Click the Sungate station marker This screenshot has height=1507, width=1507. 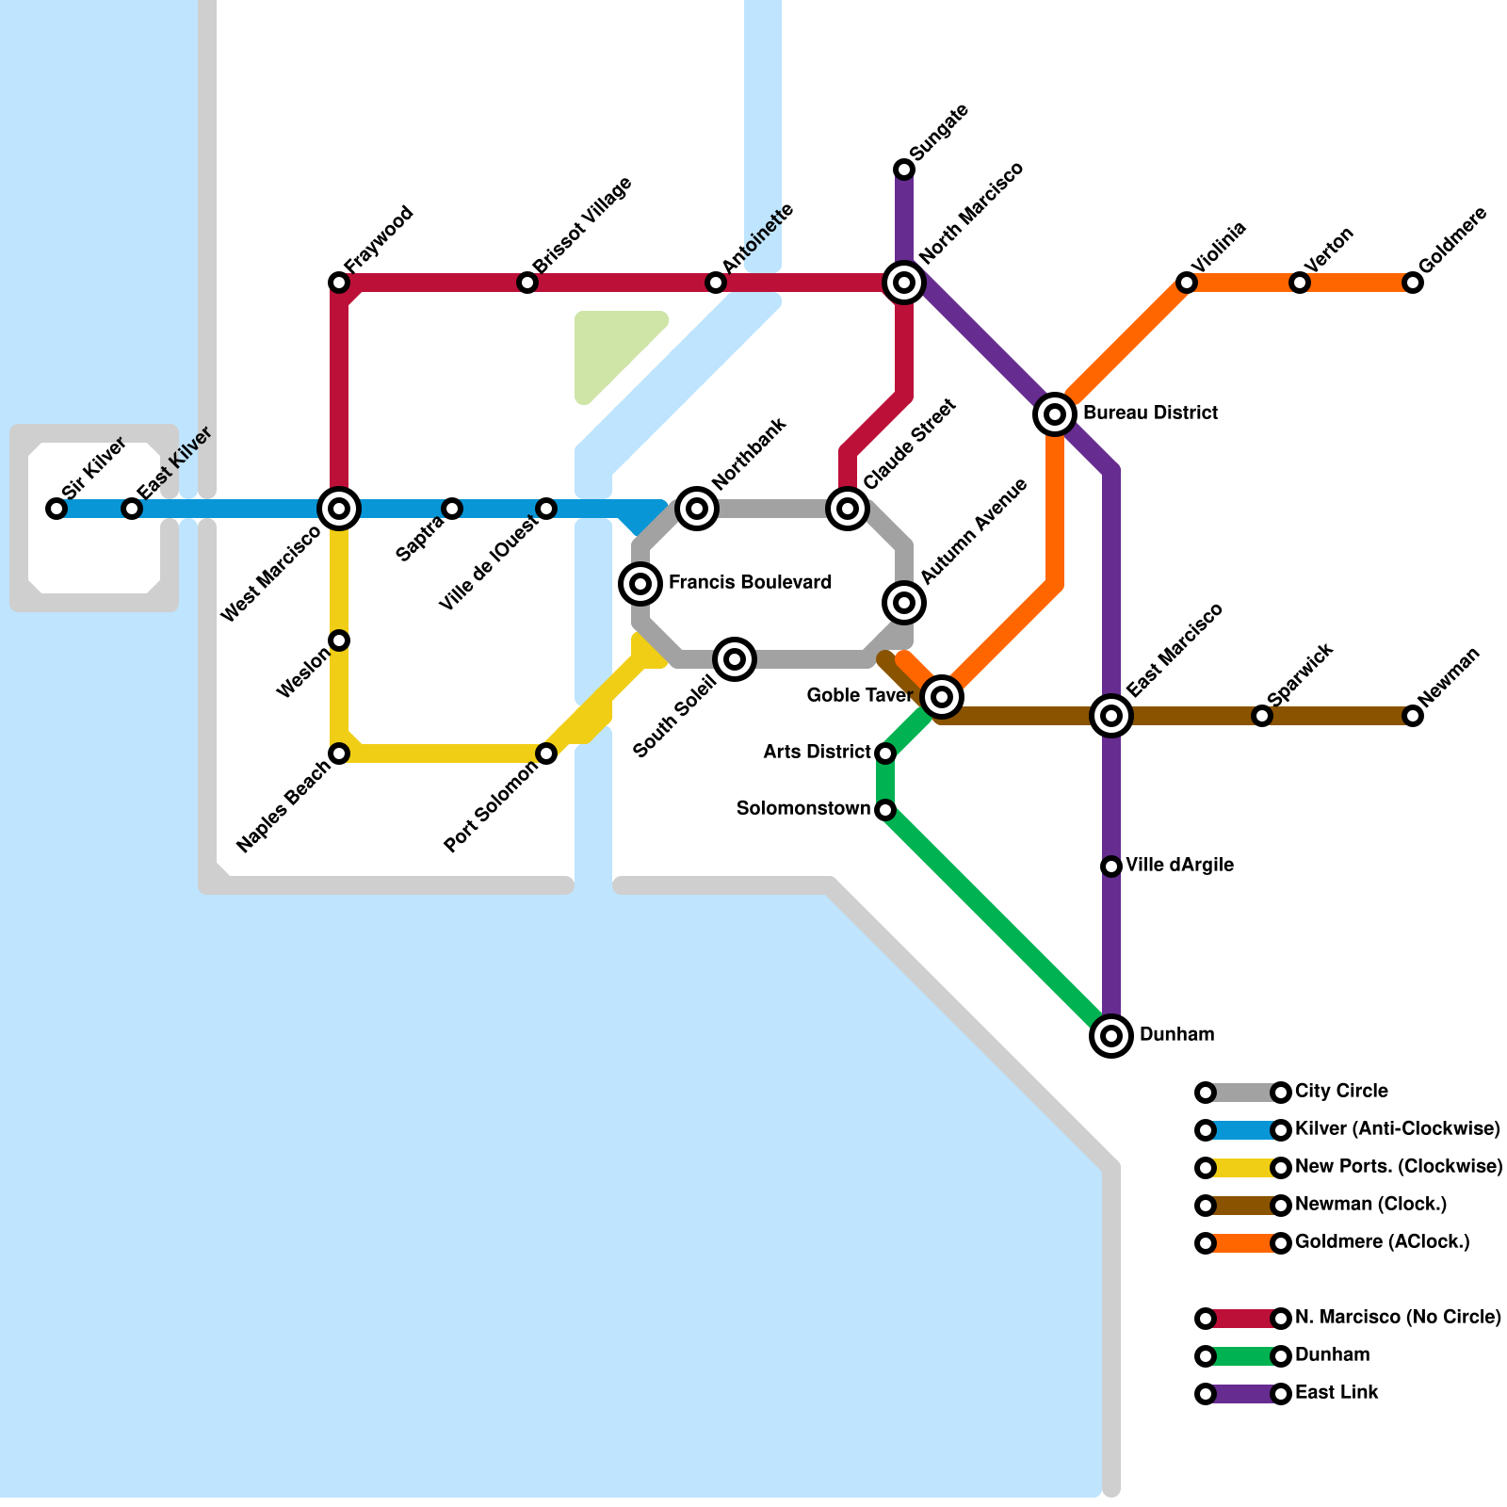[904, 170]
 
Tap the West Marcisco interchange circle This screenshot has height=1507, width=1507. [339, 509]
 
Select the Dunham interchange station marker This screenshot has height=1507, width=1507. [1111, 1036]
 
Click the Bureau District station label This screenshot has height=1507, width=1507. [1150, 413]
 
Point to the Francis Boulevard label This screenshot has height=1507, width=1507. [750, 583]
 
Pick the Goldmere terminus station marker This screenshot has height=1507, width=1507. [1413, 283]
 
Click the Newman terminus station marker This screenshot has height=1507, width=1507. [1413, 716]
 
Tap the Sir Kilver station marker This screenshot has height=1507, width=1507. [57, 509]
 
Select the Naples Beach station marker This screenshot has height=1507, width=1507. [339, 753]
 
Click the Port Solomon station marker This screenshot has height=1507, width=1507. [546, 753]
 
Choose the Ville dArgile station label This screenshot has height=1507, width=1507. [1179, 866]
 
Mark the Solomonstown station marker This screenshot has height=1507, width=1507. [885, 810]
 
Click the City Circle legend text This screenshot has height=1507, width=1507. [1341, 1092]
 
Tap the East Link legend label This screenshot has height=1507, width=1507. [1337, 1393]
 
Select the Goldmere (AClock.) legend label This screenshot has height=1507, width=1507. [1382, 1242]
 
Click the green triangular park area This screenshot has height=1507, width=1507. [608, 348]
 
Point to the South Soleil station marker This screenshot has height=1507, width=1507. [735, 659]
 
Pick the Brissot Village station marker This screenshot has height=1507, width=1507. [527, 283]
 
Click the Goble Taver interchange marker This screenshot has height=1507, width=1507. [942, 697]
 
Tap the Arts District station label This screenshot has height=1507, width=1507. [817, 753]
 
